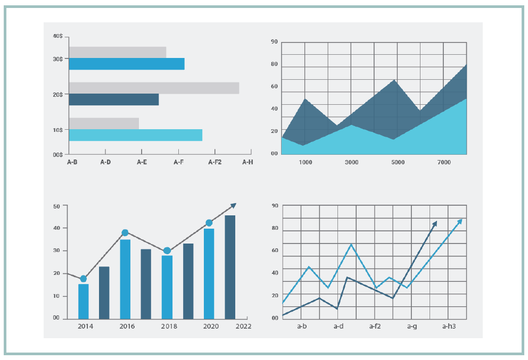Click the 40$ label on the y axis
tap(58, 36)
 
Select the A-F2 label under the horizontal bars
tap(215, 162)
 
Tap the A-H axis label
tap(247, 162)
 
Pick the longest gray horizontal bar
tap(154, 88)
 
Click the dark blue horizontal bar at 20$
tap(113, 99)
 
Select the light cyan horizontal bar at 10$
tap(135, 135)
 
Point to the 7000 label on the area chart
tap(443, 162)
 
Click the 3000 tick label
tap(351, 162)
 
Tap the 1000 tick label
tap(306, 162)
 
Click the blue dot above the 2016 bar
tap(125, 232)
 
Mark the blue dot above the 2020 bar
tap(209, 223)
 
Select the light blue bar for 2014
tap(84, 301)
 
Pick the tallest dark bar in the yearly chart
tap(230, 266)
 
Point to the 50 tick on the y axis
tap(57, 205)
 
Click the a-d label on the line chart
tap(338, 326)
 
